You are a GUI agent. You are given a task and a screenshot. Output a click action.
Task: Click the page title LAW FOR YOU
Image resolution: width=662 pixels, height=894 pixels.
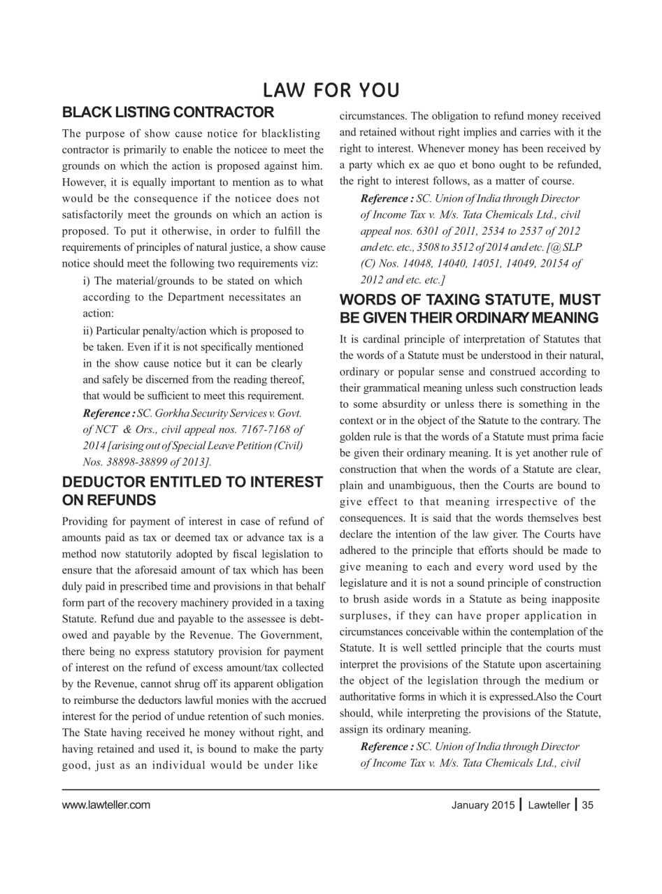331,91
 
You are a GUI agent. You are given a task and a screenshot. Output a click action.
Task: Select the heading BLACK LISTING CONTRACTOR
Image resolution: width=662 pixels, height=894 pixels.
168,112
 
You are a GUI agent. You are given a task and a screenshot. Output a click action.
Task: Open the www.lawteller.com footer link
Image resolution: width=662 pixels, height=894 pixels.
106,805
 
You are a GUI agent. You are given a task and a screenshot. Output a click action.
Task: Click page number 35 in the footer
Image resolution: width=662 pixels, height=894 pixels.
587,805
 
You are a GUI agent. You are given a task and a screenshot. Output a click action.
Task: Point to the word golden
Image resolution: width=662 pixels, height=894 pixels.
357,437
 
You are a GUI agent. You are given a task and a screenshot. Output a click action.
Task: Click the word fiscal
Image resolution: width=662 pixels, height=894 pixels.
240,554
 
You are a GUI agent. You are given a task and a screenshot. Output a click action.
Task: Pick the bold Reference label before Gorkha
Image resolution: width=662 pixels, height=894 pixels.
108,413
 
